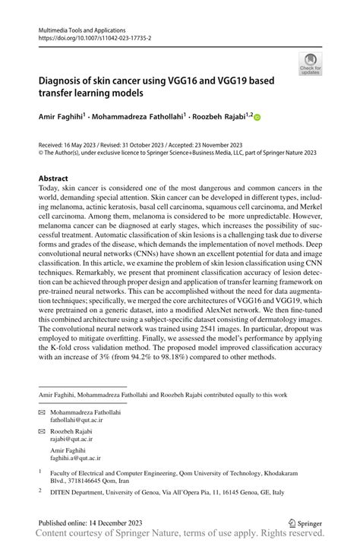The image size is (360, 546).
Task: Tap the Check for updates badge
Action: tap(310, 63)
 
